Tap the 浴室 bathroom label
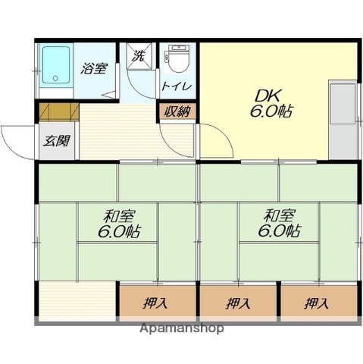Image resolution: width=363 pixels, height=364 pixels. point(94,68)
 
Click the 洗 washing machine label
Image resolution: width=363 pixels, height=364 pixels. point(139,55)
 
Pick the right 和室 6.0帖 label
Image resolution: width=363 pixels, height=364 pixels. point(278,223)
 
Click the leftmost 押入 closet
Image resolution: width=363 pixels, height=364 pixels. point(157,303)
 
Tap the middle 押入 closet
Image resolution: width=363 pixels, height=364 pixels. point(238,303)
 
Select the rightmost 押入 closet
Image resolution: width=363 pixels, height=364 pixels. point(318,303)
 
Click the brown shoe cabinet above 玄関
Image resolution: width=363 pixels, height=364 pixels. point(58,112)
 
